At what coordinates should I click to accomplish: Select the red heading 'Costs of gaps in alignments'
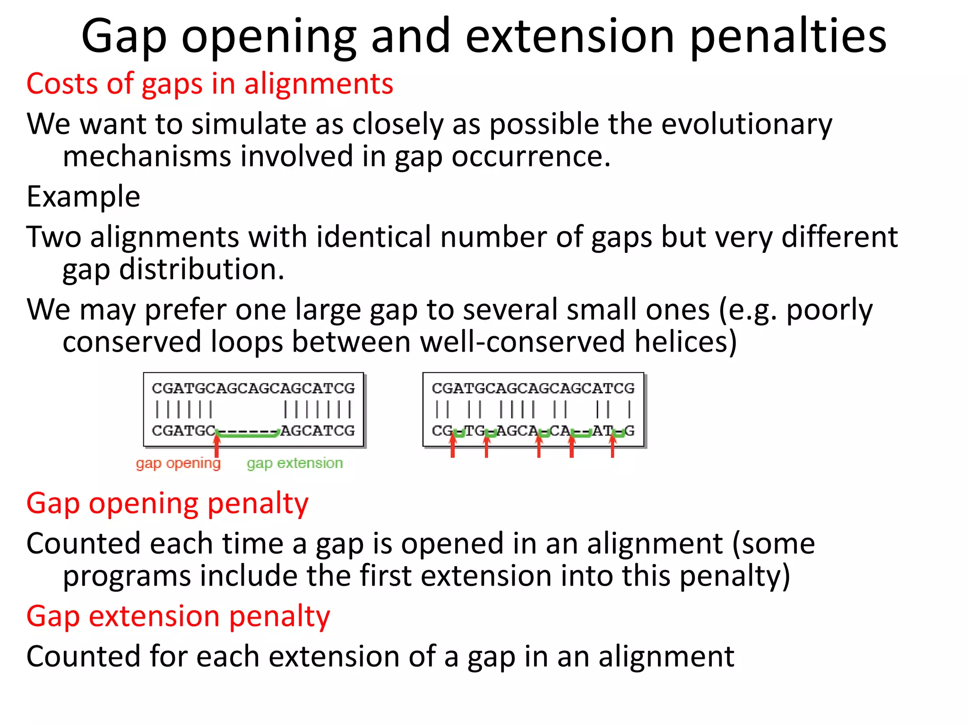209,84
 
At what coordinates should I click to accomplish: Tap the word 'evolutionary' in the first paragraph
746,124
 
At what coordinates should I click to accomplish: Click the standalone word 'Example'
83,197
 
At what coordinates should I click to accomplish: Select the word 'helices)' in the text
685,342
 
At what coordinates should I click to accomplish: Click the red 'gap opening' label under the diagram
178,463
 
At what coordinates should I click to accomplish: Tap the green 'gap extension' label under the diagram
294,463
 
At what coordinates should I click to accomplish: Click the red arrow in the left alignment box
216,446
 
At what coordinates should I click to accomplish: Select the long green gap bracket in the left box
247,434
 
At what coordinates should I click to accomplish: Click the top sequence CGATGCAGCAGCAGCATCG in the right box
533,389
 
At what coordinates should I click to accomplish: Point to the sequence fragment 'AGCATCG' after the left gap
318,431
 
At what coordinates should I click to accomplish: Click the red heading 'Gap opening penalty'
167,503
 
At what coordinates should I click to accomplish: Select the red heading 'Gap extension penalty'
178,616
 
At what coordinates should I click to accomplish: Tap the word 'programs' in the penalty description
126,577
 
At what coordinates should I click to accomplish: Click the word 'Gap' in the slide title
124,37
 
